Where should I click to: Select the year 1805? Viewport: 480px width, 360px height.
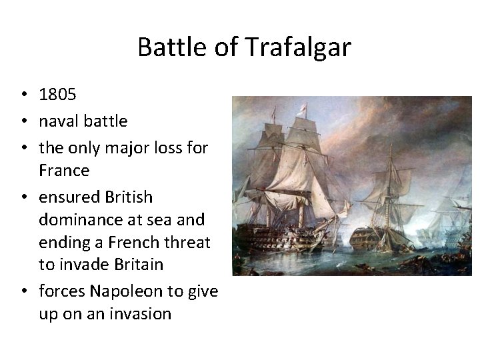tap(58, 95)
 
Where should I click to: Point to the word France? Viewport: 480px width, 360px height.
tap(64, 170)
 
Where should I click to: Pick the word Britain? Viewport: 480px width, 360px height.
tap(133, 265)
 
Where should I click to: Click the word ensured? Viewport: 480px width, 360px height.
tap(66, 197)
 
